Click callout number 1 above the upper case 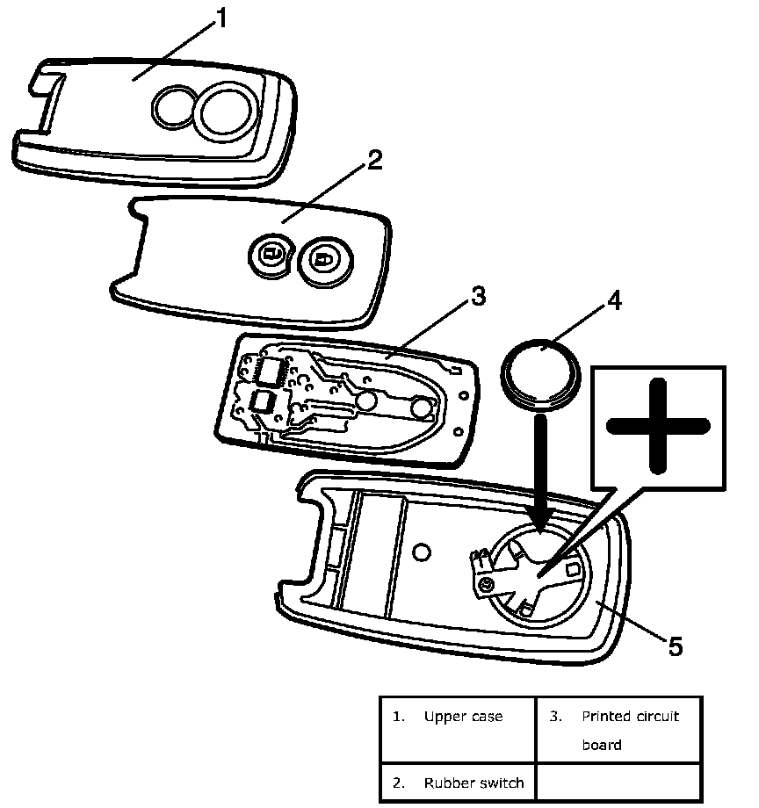pyautogui.click(x=221, y=18)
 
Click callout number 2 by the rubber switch pyautogui.click(x=374, y=160)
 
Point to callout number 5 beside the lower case pyautogui.click(x=675, y=646)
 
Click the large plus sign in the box pyautogui.click(x=658, y=428)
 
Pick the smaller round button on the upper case pyautogui.click(x=173, y=107)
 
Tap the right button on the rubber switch pyautogui.click(x=322, y=260)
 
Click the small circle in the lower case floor pyautogui.click(x=421, y=551)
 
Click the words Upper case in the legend pyautogui.click(x=463, y=717)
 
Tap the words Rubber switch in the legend pyautogui.click(x=473, y=783)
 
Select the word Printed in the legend pyautogui.click(x=604, y=717)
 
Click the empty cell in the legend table pyautogui.click(x=618, y=782)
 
